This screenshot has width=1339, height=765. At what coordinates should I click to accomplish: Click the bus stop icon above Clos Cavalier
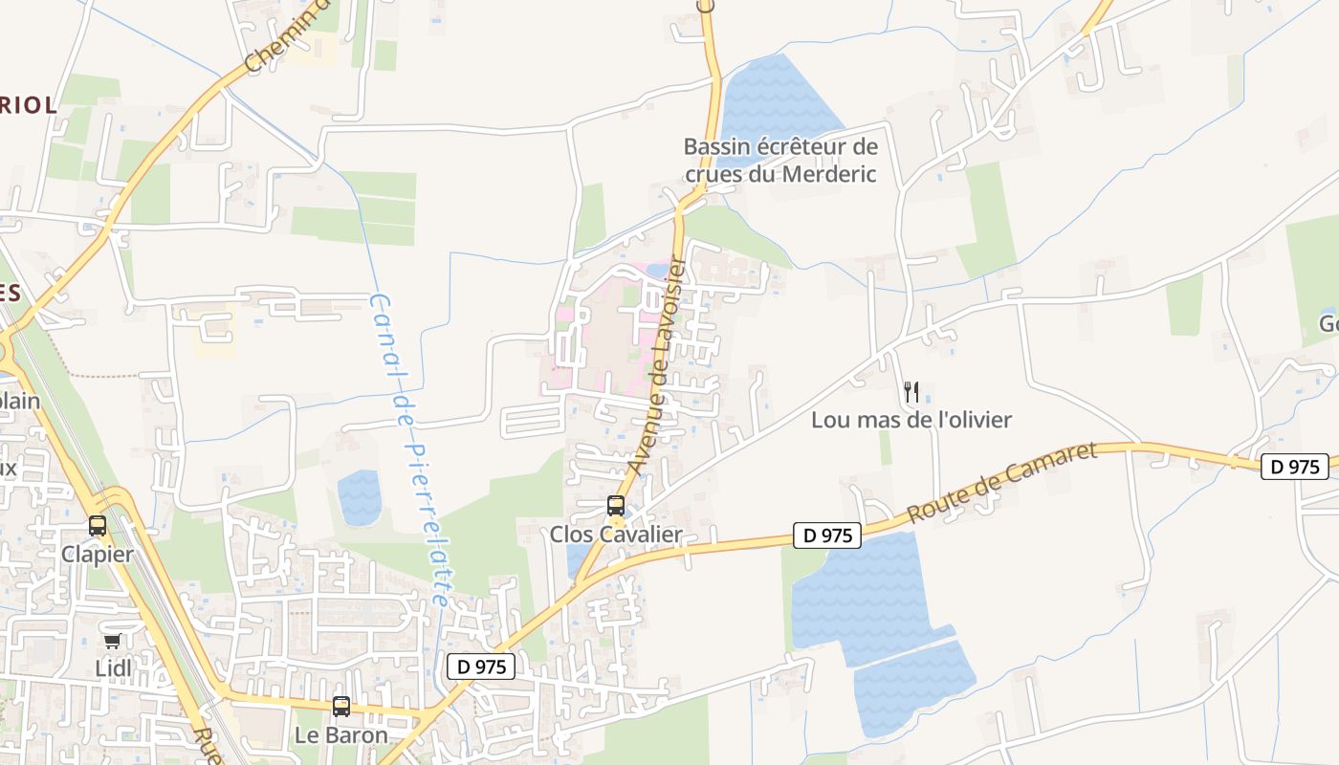coord(616,506)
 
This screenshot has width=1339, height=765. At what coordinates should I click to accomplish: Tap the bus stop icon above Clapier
coord(98,525)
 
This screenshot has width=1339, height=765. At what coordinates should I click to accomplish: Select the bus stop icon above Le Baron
coord(341,707)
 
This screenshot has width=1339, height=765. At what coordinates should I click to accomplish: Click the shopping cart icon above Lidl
coord(113,640)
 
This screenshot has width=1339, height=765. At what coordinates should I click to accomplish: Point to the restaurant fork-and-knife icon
coord(911,391)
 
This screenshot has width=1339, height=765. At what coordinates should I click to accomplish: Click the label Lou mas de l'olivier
coord(911,420)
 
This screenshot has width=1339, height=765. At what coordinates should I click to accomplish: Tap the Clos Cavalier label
coord(616,535)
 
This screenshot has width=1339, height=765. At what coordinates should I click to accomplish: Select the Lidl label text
coord(114,667)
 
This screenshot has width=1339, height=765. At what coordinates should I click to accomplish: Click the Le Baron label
coord(341,735)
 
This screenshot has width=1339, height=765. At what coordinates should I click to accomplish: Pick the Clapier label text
coord(98,554)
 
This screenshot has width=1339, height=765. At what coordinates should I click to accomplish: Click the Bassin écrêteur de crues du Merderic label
coord(780,161)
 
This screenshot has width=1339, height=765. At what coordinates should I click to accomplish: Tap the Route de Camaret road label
coord(1000,483)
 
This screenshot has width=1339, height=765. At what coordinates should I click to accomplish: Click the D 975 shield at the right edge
coord(1296,467)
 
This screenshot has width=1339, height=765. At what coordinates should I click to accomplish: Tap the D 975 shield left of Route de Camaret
coord(827,535)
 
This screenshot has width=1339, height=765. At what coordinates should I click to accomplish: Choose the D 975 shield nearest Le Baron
coord(481,667)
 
